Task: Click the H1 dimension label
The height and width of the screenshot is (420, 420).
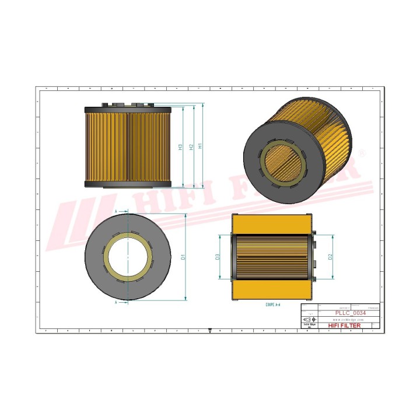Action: coord(201,146)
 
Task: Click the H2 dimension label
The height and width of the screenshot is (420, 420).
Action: coord(191,146)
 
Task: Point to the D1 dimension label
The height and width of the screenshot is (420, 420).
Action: coord(183,257)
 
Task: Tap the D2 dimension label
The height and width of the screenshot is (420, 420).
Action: coord(331,257)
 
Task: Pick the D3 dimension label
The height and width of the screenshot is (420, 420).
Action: coord(218,257)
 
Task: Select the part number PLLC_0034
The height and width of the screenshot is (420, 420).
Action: coord(348,313)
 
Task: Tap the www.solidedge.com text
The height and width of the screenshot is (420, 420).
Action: coord(349,320)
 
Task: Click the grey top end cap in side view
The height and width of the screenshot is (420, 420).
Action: coord(128,109)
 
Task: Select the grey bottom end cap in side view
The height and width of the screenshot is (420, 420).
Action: coord(128,184)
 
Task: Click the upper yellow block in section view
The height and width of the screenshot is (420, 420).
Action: coord(272,224)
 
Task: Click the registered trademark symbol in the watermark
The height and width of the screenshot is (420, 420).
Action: coord(362,152)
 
